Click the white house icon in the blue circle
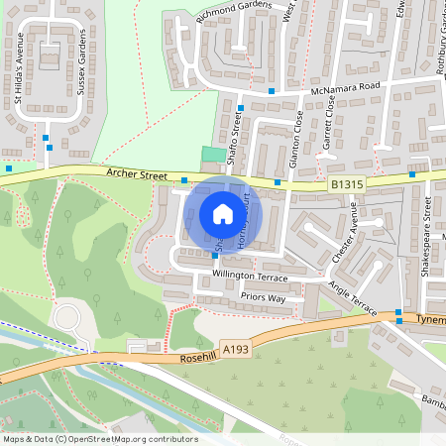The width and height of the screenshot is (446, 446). coord(222,213)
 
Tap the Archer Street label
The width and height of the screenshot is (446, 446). coord(138,175)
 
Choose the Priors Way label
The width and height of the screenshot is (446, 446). coord(262,297)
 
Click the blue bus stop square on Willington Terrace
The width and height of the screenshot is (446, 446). coord(215,256)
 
